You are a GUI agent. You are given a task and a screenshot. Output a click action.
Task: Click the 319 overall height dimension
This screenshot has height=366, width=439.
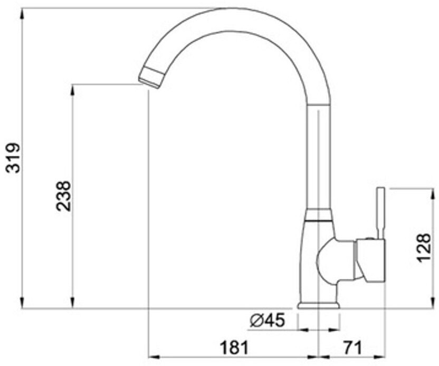click(13, 158)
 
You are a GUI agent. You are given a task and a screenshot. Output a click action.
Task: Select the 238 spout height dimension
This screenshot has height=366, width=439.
click(63, 196)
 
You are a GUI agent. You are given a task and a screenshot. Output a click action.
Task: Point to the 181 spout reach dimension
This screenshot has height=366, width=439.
click(234, 348)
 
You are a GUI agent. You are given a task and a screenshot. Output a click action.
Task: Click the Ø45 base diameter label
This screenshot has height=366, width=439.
click(267, 320)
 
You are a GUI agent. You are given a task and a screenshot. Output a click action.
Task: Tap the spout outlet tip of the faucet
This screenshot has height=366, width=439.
click(150, 79)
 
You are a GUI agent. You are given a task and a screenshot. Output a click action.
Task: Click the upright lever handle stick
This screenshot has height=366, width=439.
click(380, 213)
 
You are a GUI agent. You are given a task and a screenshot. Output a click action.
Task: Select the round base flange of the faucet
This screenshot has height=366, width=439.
click(319, 306)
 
